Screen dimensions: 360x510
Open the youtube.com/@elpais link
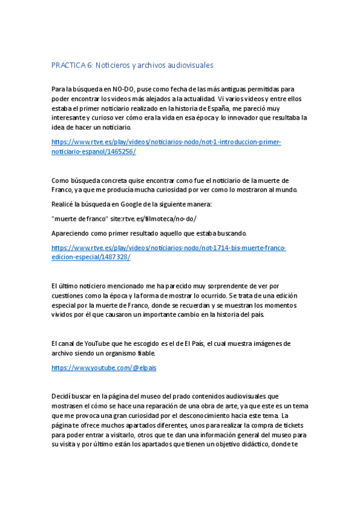coord(103,367)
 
